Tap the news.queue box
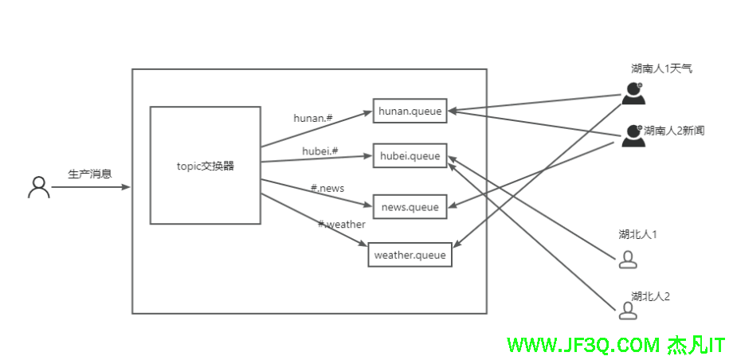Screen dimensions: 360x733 point(410,207)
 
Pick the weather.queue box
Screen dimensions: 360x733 point(410,256)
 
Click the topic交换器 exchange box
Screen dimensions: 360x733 point(206,166)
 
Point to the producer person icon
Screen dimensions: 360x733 point(38,187)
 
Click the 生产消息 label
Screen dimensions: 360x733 point(89,174)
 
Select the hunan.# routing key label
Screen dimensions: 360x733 point(312,118)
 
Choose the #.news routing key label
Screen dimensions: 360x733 point(327,188)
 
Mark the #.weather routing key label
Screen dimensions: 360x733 point(342,225)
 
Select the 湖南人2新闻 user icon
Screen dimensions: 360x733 point(633,135)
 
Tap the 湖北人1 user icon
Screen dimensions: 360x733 point(628,259)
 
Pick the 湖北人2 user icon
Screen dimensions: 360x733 point(628,309)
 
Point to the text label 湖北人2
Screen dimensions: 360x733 point(650,296)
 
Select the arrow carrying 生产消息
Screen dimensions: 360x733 point(89,188)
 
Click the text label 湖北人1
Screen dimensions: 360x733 point(637,234)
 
